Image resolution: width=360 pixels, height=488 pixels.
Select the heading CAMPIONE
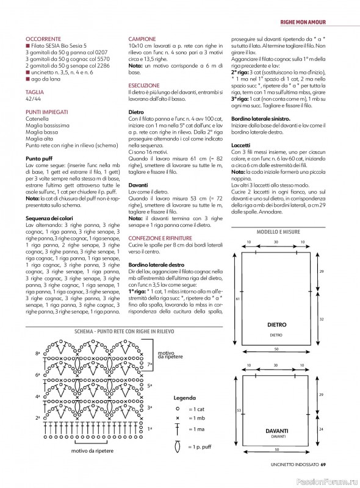pyautogui.click(x=142, y=38)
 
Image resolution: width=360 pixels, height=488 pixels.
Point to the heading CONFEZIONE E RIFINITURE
pyautogui.click(x=161, y=237)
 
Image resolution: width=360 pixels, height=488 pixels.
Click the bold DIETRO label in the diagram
pyautogui.click(x=276, y=325)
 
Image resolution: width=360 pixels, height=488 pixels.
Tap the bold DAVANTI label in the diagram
pyautogui.click(x=276, y=431)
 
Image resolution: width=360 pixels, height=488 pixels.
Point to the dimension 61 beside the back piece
pyautogui.click(x=237, y=299)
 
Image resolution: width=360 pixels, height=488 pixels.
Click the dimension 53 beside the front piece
pyautogui.click(x=237, y=410)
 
